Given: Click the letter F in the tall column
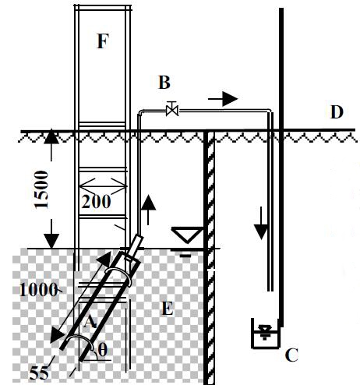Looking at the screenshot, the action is [103, 41].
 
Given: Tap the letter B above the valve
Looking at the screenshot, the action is [164, 82].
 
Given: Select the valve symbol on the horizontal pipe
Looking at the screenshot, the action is [172, 110].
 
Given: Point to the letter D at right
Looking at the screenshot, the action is [337, 112].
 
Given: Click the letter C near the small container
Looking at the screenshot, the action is [291, 355].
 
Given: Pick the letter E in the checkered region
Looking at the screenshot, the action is [168, 309].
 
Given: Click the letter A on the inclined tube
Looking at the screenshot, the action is [90, 322].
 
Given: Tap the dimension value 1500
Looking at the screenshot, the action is [41, 189].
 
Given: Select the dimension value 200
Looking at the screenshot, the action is [96, 202].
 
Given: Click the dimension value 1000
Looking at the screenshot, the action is [38, 290].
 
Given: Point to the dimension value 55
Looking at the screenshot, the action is [39, 373].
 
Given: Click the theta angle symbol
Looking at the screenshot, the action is [103, 350].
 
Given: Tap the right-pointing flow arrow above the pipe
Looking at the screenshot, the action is [223, 99].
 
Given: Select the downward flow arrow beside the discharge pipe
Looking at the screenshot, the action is [261, 223].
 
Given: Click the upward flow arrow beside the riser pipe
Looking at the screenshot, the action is [148, 210].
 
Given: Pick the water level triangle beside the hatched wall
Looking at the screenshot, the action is [187, 235].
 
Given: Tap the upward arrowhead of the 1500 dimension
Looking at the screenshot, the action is [51, 136].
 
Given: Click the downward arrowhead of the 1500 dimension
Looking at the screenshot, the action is [51, 241].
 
